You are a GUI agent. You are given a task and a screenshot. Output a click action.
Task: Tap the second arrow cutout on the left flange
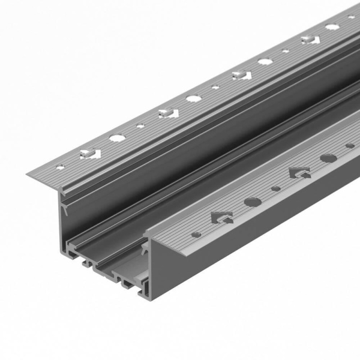tap(167, 112)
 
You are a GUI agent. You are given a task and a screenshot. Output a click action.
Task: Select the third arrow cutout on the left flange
tap(241, 75)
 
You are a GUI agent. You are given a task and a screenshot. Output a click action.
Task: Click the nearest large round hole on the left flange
tap(118, 138)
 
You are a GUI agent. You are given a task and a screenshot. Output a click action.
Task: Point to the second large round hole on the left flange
tap(194, 98)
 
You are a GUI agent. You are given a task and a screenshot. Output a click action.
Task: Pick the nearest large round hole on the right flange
tap(252, 201)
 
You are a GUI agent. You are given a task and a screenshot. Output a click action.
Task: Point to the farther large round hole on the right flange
tap(328, 158)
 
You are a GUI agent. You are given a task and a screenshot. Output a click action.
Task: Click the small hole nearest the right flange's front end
tap(195, 233)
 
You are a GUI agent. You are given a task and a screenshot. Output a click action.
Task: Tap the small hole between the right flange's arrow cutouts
tap(275, 188)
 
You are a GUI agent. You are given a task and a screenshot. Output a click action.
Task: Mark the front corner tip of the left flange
tap(27, 175)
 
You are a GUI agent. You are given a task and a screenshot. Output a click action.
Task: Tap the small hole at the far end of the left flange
tap(352, 17)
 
